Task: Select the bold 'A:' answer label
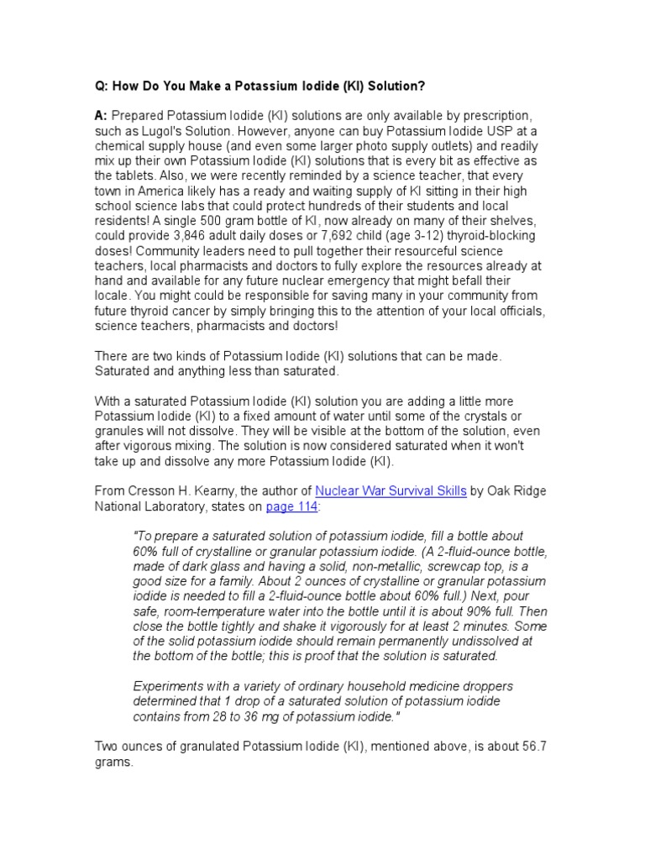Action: click(101, 115)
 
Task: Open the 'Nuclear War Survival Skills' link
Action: click(390, 491)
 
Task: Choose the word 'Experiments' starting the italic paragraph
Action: click(170, 687)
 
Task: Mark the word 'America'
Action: click(162, 191)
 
